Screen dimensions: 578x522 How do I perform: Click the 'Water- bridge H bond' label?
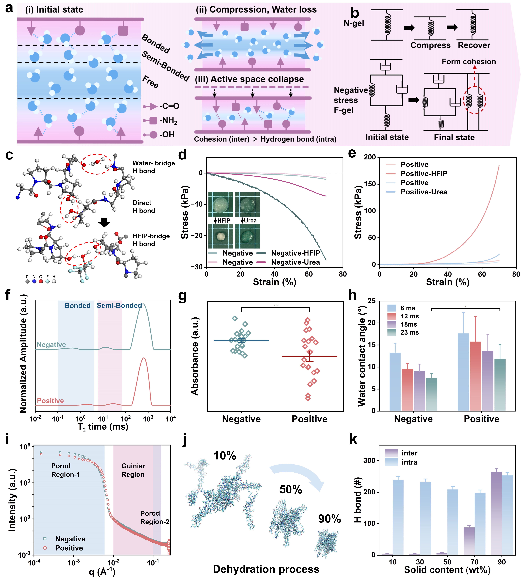click(153, 167)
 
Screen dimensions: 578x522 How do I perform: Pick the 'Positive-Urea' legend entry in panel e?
click(424, 192)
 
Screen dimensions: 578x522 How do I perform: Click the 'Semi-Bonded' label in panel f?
click(119, 306)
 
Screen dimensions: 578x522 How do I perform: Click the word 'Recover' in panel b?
click(474, 45)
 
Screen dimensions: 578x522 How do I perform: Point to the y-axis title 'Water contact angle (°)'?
click(362, 355)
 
